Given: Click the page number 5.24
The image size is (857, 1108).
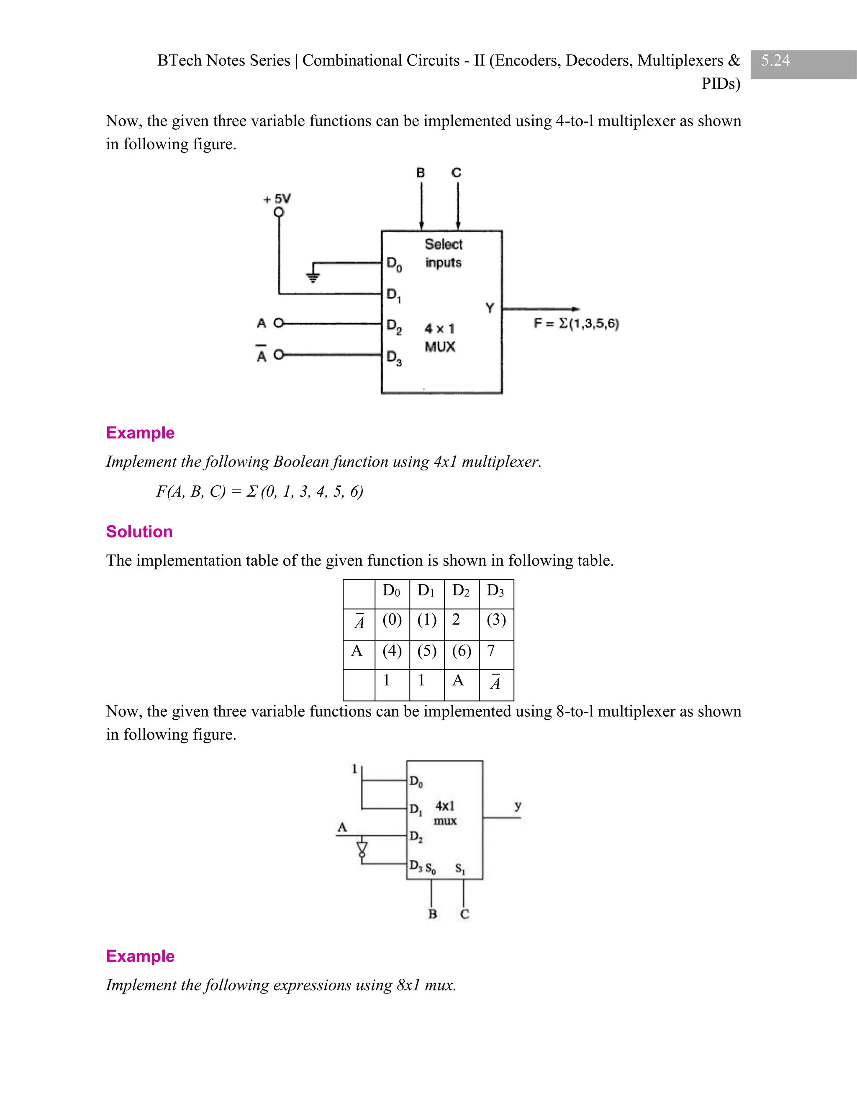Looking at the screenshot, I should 775,60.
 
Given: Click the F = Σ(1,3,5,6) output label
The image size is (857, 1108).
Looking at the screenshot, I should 576,323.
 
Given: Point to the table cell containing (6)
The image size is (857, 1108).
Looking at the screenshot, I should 462,651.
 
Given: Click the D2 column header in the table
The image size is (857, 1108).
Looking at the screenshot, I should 461,590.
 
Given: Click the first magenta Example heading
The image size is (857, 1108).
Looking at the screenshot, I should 140,433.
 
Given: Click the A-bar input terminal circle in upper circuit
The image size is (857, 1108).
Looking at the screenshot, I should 278,355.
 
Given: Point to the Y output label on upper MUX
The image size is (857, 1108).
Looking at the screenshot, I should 490,308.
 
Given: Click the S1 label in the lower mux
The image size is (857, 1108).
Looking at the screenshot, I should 460,868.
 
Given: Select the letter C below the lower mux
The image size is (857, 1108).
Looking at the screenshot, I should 464,914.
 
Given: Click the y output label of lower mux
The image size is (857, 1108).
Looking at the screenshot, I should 518,805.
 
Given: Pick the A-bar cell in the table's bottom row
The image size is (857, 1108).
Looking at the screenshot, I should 495,682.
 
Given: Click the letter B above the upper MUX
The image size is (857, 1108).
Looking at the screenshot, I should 421,173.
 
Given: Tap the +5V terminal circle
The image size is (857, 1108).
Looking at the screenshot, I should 279,212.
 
